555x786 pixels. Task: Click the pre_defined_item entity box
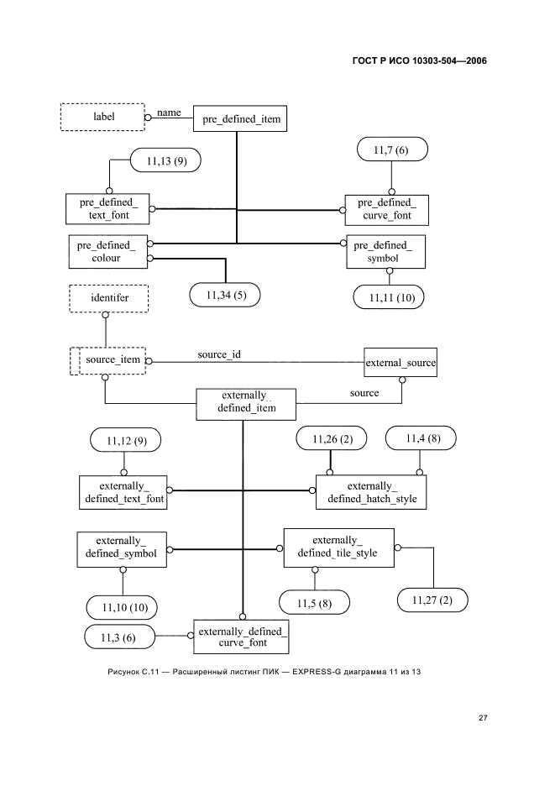tap(240, 120)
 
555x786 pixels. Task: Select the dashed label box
tap(103, 117)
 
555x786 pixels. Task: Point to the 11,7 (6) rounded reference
tap(390, 150)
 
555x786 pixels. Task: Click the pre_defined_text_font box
tap(107, 209)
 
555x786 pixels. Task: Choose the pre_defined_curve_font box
tap(386, 209)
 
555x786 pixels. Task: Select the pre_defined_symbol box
tap(385, 252)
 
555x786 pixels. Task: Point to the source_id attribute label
tap(219, 354)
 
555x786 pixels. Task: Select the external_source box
tap(400, 362)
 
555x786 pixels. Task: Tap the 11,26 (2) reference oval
tap(329, 438)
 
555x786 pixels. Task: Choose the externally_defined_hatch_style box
tap(371, 492)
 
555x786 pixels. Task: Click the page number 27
tap(483, 718)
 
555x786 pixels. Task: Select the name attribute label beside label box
tap(169, 112)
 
